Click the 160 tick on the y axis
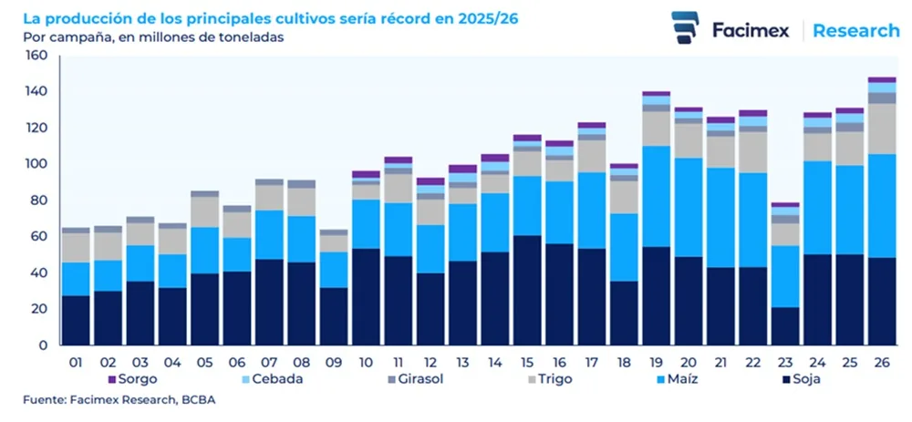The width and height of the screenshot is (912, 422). pos(36,56)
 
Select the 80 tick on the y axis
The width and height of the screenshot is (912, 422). pos(39,201)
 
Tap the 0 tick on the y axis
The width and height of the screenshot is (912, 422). pos(43,345)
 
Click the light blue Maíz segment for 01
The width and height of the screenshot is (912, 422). pos(77,279)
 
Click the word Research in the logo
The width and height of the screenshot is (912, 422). pos(855,30)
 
